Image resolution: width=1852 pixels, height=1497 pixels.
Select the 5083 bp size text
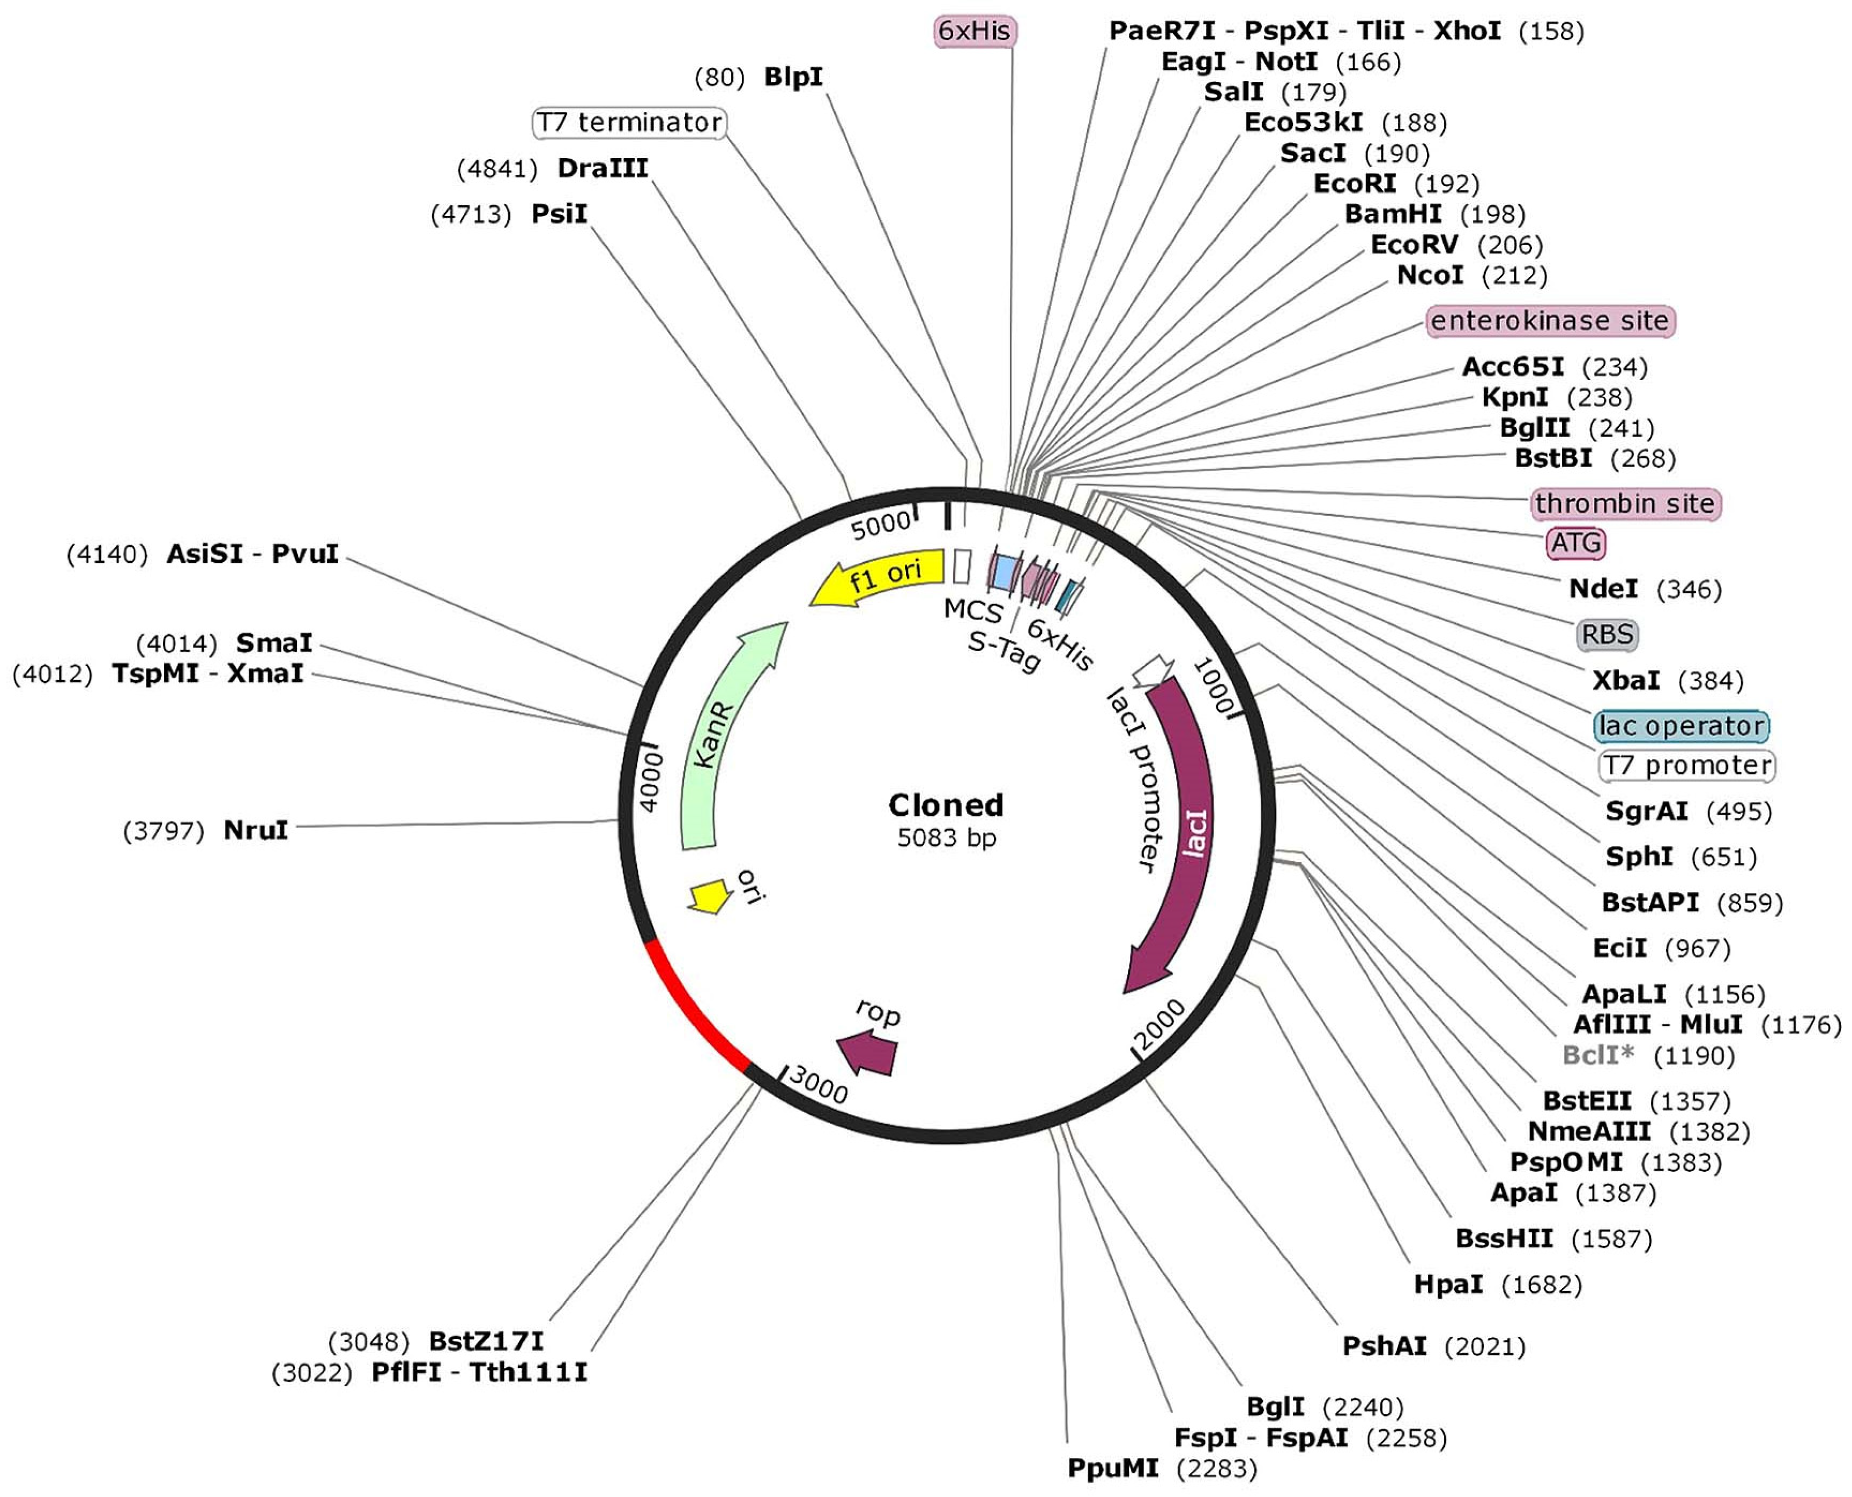click(946, 837)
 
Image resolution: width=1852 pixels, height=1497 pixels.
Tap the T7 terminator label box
click(629, 122)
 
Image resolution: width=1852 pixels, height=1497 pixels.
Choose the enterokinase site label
click(1549, 321)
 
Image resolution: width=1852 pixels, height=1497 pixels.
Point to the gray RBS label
click(1607, 635)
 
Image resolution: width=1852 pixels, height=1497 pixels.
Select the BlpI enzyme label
click(793, 77)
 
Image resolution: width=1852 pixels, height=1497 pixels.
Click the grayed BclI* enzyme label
click(1598, 1055)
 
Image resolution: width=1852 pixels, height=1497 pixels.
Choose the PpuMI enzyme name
click(1112, 1468)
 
